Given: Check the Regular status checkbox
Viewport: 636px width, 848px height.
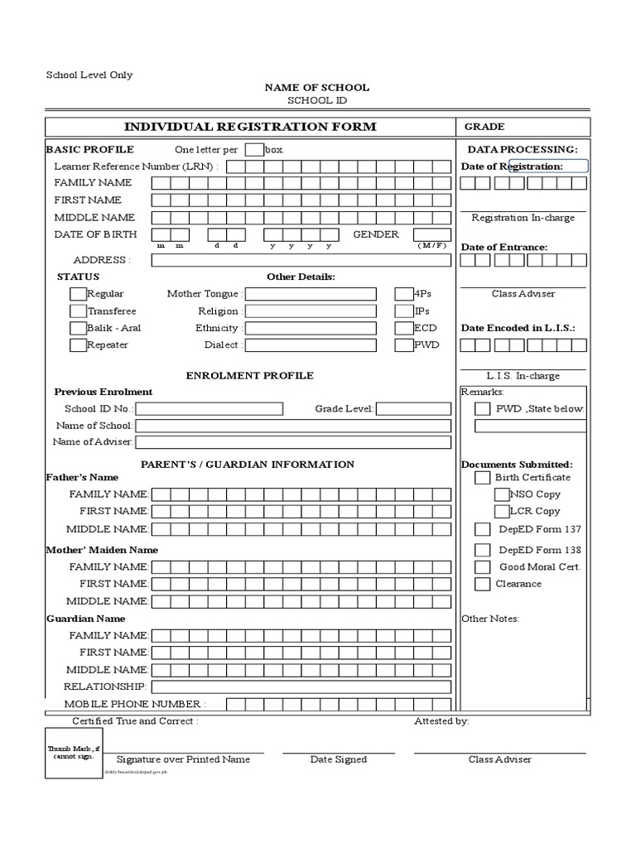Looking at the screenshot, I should (x=78, y=294).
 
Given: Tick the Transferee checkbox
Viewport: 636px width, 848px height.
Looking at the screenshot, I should (x=78, y=311).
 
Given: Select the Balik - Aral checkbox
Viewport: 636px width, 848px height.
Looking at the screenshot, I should (x=78, y=328).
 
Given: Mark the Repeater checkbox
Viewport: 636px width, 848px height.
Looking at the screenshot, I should (x=78, y=345).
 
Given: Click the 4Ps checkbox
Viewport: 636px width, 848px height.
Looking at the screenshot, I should (x=403, y=294).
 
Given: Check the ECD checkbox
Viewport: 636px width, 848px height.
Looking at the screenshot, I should (x=403, y=328).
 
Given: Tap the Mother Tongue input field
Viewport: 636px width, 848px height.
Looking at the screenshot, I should (x=311, y=294).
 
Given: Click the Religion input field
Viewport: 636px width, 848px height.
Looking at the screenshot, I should (x=311, y=311).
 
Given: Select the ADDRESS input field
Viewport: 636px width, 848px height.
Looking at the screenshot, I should (x=301, y=260).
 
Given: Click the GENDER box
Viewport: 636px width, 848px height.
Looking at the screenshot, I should (x=432, y=235).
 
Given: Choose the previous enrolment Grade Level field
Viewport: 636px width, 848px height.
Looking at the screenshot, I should (x=413, y=409).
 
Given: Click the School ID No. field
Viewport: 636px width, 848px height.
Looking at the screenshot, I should (x=209, y=409).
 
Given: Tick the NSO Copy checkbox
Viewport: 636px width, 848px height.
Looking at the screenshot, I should (x=502, y=494).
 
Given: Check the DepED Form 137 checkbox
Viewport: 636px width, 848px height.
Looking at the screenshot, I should (x=482, y=529).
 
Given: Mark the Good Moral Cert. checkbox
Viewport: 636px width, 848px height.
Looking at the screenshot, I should (x=482, y=567).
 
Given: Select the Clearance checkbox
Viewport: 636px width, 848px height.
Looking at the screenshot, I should (x=482, y=585).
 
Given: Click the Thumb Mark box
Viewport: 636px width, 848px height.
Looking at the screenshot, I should (x=74, y=754).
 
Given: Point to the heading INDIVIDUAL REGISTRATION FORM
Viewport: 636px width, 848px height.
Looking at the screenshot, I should (x=250, y=127).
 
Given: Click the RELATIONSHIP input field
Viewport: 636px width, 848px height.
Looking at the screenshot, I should (x=301, y=687).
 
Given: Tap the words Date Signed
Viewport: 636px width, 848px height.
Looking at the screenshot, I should (x=339, y=759).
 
